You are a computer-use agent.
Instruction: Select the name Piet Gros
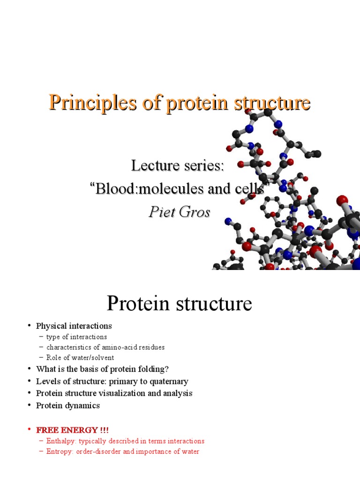(x=179, y=212)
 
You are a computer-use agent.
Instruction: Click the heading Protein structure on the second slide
(x=179, y=303)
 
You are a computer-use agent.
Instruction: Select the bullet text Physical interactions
(x=74, y=326)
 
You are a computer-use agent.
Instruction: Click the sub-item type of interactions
(x=76, y=337)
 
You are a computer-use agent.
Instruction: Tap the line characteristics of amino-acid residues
(x=105, y=347)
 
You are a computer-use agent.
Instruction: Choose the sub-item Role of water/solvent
(x=80, y=358)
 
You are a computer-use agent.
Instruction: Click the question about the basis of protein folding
(x=102, y=369)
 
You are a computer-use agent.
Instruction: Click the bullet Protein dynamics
(x=67, y=405)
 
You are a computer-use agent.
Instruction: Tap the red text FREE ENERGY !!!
(x=72, y=430)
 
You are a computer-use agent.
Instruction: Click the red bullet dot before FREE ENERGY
(x=29, y=430)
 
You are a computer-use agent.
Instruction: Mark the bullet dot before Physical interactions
(x=29, y=326)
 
